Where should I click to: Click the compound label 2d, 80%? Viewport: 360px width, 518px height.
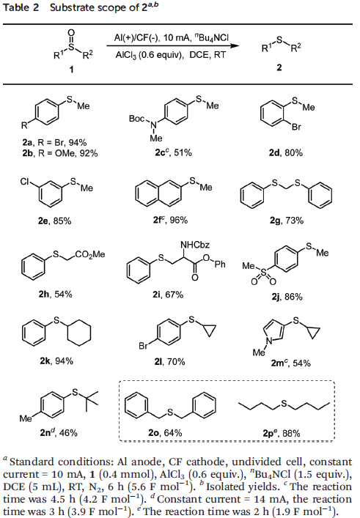click(x=286, y=153)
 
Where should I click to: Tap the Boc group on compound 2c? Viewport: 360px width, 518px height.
click(x=136, y=118)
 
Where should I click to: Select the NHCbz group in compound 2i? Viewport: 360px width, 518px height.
click(x=195, y=245)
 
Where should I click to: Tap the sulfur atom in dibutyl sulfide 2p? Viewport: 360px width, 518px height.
click(x=284, y=404)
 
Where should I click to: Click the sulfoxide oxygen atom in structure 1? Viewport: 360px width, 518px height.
click(x=71, y=33)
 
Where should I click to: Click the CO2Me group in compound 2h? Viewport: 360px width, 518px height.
click(x=90, y=254)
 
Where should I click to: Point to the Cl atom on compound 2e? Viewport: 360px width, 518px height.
click(x=25, y=182)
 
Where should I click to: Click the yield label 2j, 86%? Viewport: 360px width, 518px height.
click(x=287, y=297)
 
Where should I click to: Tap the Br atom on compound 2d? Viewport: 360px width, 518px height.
click(x=296, y=127)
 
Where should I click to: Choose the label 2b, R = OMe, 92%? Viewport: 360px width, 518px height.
click(x=60, y=153)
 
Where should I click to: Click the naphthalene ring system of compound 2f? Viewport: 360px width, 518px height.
click(x=158, y=193)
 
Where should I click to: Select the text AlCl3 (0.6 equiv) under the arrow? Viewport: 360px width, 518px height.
click(x=150, y=55)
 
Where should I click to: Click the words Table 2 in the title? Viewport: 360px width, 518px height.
click(x=21, y=7)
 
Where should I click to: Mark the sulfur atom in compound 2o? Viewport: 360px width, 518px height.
click(x=170, y=412)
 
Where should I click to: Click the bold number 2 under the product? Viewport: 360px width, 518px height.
click(x=279, y=67)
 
